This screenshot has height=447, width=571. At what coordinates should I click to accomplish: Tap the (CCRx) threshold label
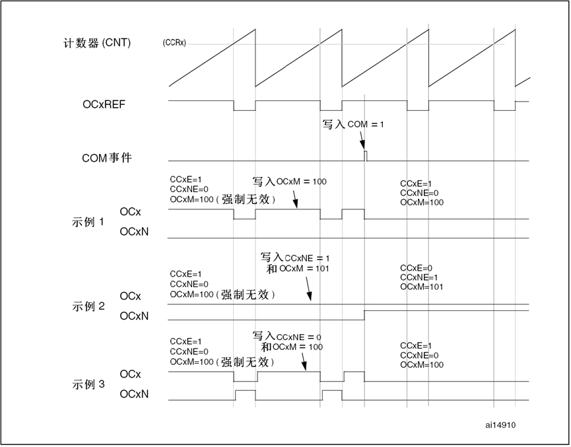(x=174, y=43)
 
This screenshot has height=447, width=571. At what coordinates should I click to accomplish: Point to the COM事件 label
(x=107, y=158)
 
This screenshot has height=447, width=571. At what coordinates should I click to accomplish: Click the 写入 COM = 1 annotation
(x=353, y=124)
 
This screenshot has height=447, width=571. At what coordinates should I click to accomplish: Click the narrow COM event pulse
(x=366, y=155)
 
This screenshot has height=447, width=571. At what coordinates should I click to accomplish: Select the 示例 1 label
(x=87, y=222)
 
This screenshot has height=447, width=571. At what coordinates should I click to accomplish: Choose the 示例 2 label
(x=87, y=306)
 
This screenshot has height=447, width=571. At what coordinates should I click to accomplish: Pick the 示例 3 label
(x=87, y=384)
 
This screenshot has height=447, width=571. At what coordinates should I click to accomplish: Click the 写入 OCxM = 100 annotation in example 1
(x=289, y=182)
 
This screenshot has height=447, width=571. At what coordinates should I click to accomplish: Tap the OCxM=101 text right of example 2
(x=421, y=287)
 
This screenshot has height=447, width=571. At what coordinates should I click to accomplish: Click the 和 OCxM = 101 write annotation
(x=297, y=269)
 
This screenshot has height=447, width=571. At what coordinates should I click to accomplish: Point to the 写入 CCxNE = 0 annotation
(x=287, y=336)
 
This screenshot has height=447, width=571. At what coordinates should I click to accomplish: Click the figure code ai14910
(x=500, y=425)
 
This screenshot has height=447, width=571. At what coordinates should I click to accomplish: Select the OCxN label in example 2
(x=134, y=316)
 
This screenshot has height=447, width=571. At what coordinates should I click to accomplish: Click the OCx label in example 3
(x=130, y=374)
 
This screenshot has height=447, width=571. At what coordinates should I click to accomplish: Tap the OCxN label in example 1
(x=134, y=232)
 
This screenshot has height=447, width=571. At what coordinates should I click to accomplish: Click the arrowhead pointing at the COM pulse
(x=363, y=147)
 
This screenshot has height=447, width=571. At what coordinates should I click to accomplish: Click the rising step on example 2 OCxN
(x=365, y=314)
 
